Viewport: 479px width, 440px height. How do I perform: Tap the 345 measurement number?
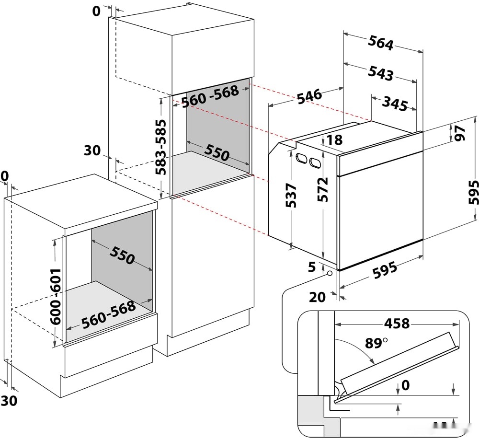(x=395, y=104)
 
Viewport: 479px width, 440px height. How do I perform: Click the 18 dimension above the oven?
(x=336, y=140)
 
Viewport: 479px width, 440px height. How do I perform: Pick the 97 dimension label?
(x=460, y=134)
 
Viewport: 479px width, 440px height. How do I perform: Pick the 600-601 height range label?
(x=57, y=296)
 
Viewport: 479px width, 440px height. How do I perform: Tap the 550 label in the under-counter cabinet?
(x=122, y=257)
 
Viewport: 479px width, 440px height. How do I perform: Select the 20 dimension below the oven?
(x=317, y=297)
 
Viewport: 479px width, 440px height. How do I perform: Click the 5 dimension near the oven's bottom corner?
(x=312, y=267)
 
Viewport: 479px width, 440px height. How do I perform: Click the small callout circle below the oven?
(x=330, y=274)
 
